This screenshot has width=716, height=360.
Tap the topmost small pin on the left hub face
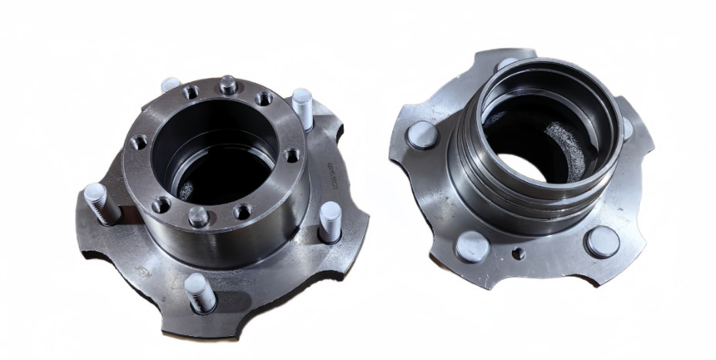tap(227, 84)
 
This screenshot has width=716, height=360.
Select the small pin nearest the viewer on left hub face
tap(198, 217)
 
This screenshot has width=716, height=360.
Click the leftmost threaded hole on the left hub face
tap(139, 143)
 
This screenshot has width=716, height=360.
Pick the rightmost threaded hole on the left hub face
tap(292, 155)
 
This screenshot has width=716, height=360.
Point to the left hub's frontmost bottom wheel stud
tap(199, 293)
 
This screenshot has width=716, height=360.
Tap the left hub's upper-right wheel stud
tap(303, 108)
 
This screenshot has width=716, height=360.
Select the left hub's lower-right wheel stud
tap(329, 221)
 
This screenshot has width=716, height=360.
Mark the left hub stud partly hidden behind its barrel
tap(170, 84)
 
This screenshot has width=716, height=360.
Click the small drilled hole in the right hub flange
tap(519, 253)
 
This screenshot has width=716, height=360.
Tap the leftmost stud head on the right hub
tap(422, 135)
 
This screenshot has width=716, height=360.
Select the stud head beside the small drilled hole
tap(472, 247)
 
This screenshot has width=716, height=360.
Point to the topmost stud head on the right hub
tap(506, 64)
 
